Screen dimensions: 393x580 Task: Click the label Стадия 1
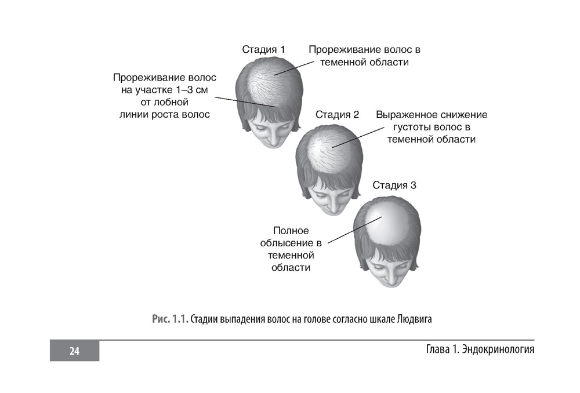click(x=263, y=50)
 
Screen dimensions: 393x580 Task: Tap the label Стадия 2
click(x=337, y=115)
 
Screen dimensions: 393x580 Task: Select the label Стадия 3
click(x=394, y=186)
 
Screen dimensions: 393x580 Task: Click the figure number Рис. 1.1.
click(x=170, y=319)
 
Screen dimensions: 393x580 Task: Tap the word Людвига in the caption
click(x=413, y=319)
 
